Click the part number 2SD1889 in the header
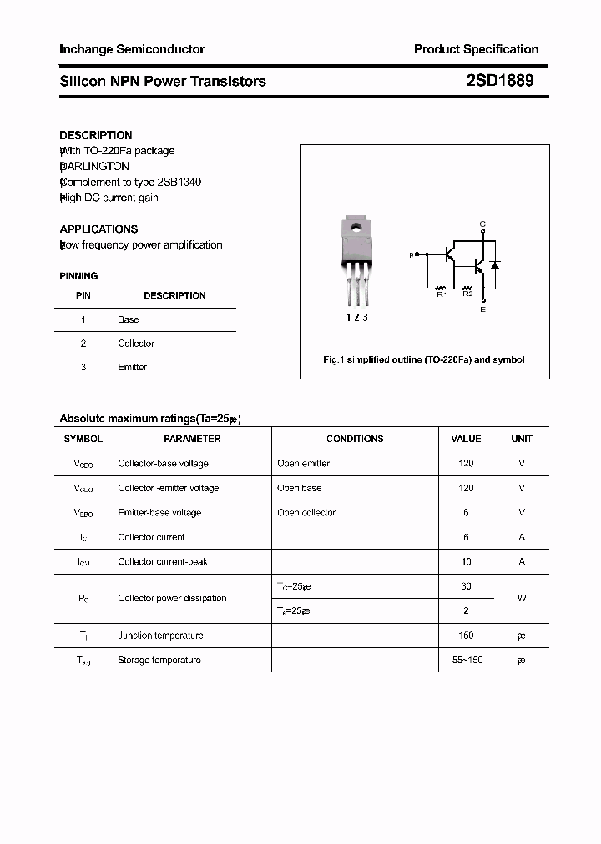tap(500, 81)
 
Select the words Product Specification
tap(476, 49)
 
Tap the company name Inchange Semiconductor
tap(132, 49)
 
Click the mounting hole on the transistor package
tap(357, 227)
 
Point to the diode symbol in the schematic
tap(494, 265)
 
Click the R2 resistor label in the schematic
tap(467, 294)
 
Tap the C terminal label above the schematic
tap(482, 224)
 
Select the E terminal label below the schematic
tap(482, 310)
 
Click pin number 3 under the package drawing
tap(365, 318)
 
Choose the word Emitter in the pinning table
tap(133, 367)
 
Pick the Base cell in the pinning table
tap(129, 319)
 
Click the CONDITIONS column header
tap(355, 439)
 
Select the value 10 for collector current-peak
tap(466, 561)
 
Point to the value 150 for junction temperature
tap(466, 636)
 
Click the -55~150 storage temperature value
tap(466, 660)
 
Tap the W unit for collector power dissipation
tap(522, 598)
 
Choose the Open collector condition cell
tap(306, 512)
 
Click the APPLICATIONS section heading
tap(98, 229)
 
